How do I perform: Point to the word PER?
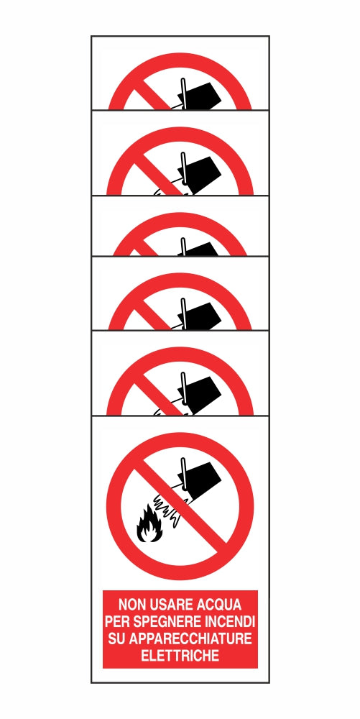point(118,620)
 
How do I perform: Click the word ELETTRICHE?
point(180,655)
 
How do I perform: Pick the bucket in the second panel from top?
point(202,171)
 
